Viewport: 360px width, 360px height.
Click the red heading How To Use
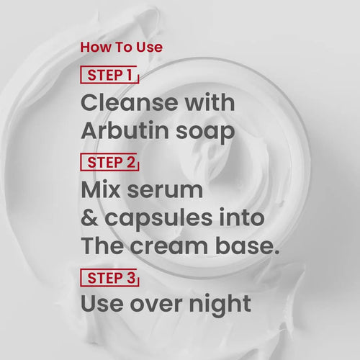click(x=122, y=47)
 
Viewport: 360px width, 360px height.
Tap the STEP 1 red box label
click(x=109, y=75)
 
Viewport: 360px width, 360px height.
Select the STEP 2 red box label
click(x=109, y=162)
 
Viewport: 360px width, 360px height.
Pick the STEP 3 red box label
click(x=109, y=278)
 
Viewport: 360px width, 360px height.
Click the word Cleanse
click(x=129, y=103)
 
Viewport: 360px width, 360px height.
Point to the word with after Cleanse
click(x=210, y=102)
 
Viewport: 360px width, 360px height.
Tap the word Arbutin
click(x=125, y=130)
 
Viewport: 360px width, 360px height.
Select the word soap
click(x=205, y=133)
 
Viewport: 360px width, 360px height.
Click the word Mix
click(x=100, y=189)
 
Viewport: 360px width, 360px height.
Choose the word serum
click(x=165, y=192)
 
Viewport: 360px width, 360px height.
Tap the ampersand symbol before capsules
click(x=89, y=218)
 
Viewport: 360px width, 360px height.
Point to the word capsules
click(x=158, y=220)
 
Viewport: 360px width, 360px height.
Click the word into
click(x=242, y=217)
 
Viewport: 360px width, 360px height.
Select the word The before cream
click(x=102, y=246)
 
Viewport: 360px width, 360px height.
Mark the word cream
click(x=169, y=247)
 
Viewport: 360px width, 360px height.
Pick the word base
click(x=247, y=246)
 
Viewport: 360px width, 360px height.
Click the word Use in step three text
click(x=102, y=303)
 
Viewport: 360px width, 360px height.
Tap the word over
click(x=156, y=305)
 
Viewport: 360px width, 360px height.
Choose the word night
click(x=220, y=305)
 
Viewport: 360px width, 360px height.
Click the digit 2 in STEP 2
click(x=131, y=162)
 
